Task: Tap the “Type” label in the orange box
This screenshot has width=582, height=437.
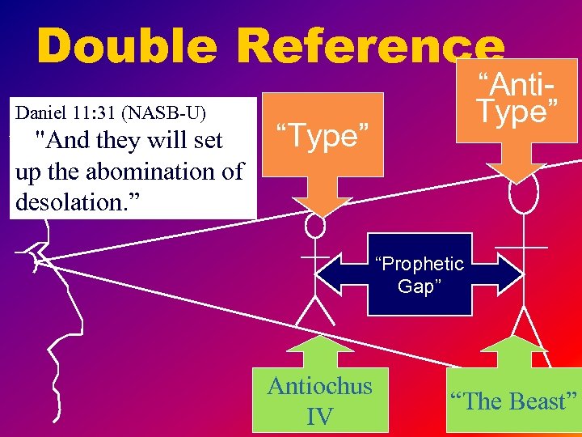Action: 327,136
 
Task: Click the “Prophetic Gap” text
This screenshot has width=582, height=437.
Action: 419,275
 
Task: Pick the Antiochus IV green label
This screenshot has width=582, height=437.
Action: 320,400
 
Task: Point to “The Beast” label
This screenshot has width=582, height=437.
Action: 513,401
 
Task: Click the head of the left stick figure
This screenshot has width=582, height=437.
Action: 315,226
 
